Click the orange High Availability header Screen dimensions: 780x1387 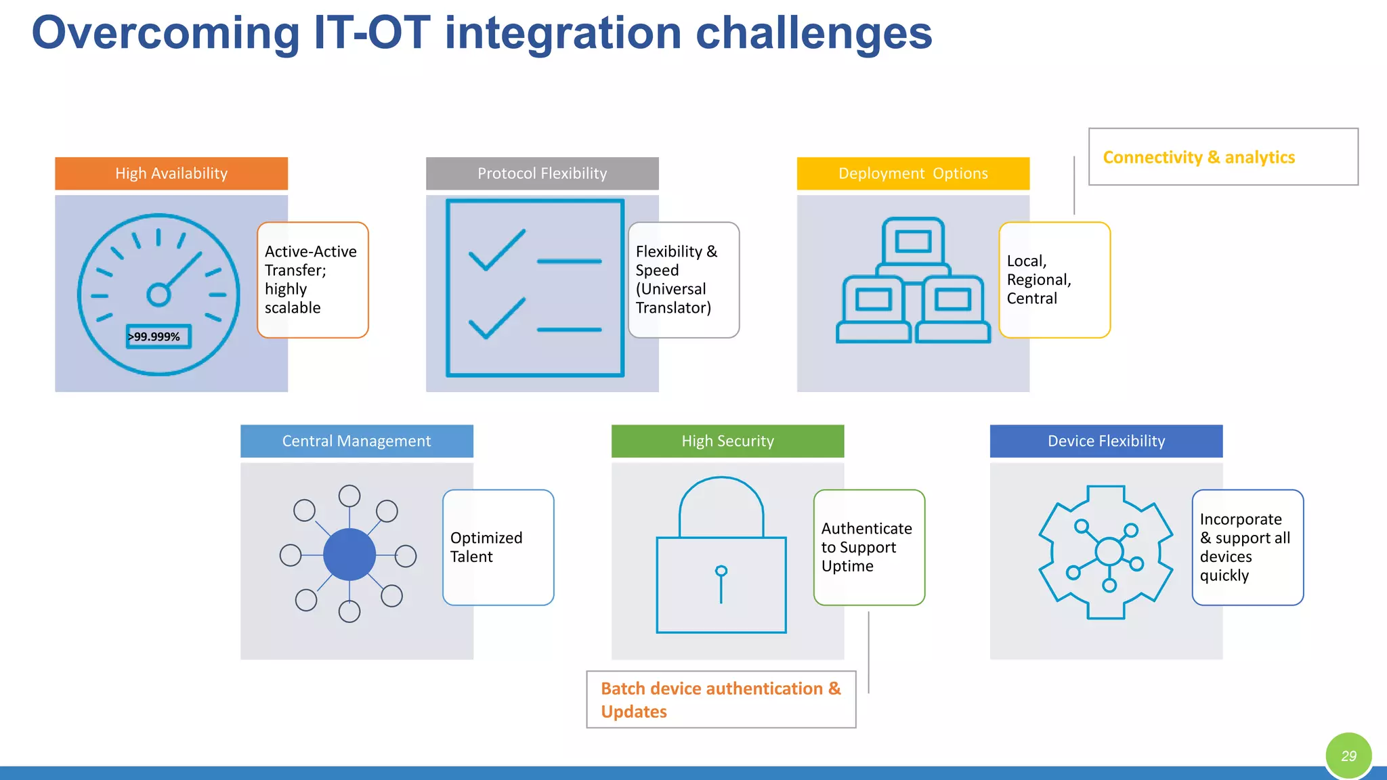(171, 173)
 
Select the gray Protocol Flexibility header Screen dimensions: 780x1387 (542, 173)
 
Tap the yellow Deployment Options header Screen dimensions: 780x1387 (913, 173)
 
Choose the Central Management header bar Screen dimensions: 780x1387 (356, 441)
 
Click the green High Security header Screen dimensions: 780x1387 (727, 441)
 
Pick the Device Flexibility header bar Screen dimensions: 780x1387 (1106, 441)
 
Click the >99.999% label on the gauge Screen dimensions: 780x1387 (158, 337)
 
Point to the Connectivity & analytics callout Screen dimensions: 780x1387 (1222, 157)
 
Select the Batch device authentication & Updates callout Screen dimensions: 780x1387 (721, 699)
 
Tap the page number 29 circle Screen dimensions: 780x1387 (1348, 756)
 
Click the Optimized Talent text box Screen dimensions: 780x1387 (498, 547)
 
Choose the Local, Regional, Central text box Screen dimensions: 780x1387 (1054, 280)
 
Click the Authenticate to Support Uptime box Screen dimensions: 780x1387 (869, 547)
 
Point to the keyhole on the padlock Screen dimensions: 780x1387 (721, 571)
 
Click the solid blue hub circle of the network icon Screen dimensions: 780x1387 (349, 555)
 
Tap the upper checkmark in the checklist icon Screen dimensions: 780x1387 (496, 251)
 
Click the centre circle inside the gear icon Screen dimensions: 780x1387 (1109, 551)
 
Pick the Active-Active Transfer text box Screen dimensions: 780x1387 (312, 280)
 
